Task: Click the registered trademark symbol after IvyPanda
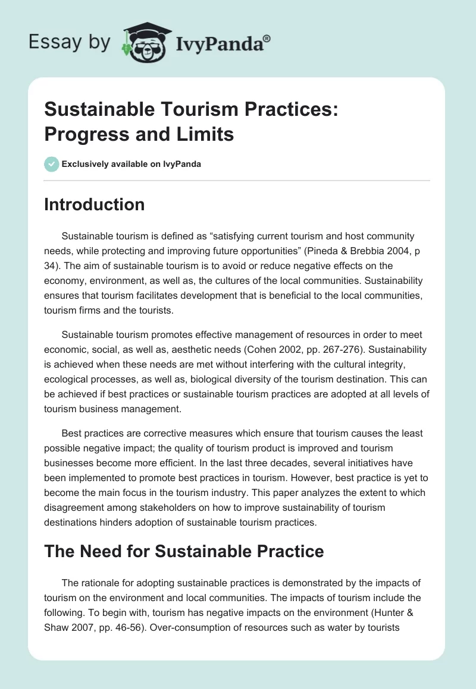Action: click(267, 39)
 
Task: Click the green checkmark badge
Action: click(52, 164)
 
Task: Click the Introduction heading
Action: click(94, 204)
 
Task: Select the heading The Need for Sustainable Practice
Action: click(184, 551)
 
